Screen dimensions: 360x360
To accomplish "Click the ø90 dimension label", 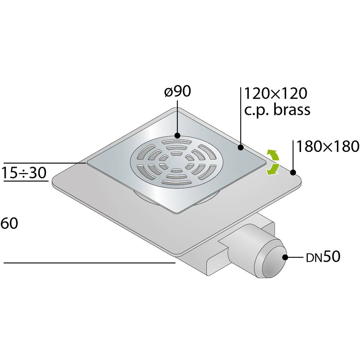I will pos(177,92).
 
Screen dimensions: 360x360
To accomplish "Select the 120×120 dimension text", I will pos(275,94).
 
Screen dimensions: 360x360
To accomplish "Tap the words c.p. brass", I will pos(277,110).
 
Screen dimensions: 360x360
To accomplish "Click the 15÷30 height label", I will pos(24,173).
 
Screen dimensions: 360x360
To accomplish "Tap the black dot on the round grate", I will pos(177,136).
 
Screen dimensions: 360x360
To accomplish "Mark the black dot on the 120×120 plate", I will pos(240,147).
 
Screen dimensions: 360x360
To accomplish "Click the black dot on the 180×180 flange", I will pos(293,172).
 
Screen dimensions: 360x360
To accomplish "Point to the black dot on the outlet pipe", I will pos(285,257).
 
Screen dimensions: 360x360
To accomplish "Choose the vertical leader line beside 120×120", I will pos(240,115).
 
